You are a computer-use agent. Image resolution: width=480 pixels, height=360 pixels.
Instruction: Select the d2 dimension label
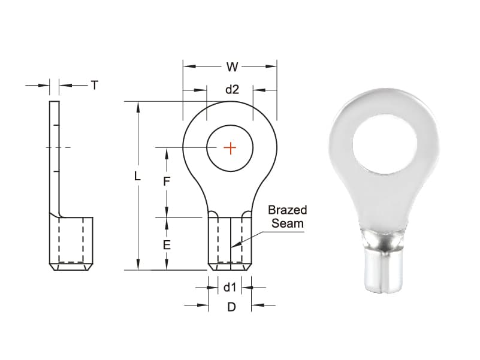[232, 90]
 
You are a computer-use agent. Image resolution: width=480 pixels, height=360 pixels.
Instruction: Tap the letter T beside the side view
[95, 86]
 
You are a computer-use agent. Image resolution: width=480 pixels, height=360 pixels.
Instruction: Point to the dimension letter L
[138, 177]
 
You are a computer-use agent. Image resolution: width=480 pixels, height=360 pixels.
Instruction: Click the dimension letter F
[167, 181]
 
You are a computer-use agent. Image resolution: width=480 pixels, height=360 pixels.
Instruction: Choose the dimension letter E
[167, 244]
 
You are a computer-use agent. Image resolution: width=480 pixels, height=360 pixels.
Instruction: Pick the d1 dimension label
[230, 288]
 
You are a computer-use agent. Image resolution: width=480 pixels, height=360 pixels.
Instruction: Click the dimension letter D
[231, 307]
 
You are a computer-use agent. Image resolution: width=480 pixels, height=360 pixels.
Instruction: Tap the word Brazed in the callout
[288, 210]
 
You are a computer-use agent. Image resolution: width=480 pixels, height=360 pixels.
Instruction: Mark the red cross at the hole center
[230, 148]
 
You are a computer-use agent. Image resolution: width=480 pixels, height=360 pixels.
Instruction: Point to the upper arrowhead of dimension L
[138, 107]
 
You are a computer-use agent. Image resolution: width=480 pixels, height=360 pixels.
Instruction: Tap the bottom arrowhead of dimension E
[167, 265]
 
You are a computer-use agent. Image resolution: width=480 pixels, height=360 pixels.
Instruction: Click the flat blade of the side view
[55, 156]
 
